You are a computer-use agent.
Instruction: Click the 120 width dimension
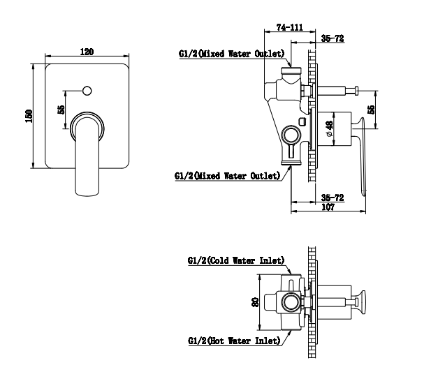pyautogui.click(x=87, y=52)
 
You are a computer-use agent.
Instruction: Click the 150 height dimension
pyautogui.click(x=29, y=116)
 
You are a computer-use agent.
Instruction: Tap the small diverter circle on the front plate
pyautogui.click(x=87, y=91)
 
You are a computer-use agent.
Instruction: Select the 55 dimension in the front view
pyautogui.click(x=61, y=110)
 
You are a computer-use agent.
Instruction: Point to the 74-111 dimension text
pyautogui.click(x=290, y=27)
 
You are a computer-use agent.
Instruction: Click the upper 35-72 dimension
pyautogui.click(x=333, y=38)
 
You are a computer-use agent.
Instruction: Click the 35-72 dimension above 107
pyautogui.click(x=333, y=198)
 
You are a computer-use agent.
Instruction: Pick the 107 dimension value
pyautogui.click(x=328, y=207)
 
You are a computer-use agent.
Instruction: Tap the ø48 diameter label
pyautogui.click(x=329, y=128)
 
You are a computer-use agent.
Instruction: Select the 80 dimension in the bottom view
pyautogui.click(x=255, y=302)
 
